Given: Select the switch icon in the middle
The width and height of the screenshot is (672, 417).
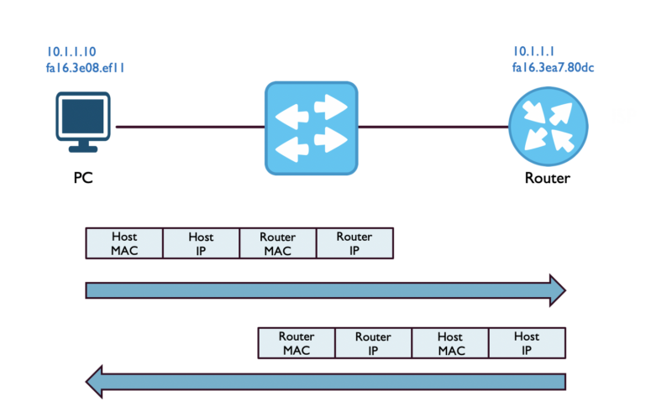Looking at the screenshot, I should [x=311, y=128].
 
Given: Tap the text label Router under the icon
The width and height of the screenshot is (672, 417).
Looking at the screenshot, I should [x=547, y=178].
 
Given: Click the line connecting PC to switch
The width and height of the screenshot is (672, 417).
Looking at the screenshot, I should [x=189, y=128].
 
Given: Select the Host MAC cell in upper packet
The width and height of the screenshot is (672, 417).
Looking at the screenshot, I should [x=124, y=242].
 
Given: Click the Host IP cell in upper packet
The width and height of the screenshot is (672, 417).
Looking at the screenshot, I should [x=201, y=242].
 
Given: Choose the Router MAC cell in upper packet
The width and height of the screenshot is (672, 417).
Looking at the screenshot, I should [x=278, y=242].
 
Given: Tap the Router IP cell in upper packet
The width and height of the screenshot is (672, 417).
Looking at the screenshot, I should [x=354, y=242].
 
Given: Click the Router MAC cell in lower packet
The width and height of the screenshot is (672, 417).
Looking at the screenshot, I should [x=296, y=344].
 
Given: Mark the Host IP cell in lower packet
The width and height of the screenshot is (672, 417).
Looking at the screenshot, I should [x=527, y=344].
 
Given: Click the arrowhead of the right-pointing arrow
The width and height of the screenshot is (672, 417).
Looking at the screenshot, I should [x=556, y=289].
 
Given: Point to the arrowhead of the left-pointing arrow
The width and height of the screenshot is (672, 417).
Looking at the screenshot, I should [x=96, y=383].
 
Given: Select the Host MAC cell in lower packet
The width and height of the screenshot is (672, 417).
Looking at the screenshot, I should [x=450, y=344].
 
